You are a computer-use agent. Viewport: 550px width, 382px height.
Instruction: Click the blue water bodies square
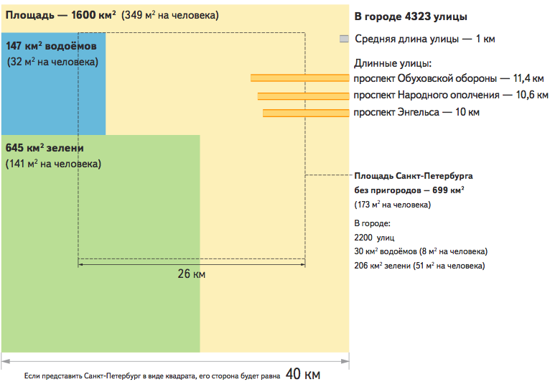[53, 83]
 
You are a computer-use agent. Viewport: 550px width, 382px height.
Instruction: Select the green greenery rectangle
[101, 243]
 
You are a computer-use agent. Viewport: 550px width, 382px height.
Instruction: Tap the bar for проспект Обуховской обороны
[300, 78]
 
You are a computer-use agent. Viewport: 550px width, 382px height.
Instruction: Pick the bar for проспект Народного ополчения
[304, 95]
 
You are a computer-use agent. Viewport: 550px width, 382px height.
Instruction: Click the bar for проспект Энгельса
[306, 113]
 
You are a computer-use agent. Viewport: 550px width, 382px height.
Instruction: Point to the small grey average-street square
[344, 39]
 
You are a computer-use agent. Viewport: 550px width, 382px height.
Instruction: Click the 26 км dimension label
[192, 274]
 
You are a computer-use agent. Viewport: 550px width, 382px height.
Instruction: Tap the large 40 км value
[303, 374]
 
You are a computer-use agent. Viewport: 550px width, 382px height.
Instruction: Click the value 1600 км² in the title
[93, 15]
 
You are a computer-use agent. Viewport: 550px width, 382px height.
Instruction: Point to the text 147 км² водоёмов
[51, 46]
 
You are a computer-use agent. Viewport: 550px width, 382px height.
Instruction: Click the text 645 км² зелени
[45, 148]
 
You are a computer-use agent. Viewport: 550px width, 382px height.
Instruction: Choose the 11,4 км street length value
[528, 78]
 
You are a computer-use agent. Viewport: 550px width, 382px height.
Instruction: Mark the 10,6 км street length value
[532, 95]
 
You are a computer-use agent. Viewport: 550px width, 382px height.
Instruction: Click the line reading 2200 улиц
[374, 238]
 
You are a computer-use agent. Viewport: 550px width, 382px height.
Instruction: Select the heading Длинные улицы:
[393, 63]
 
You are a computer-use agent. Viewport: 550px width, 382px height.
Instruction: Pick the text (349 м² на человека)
[170, 15]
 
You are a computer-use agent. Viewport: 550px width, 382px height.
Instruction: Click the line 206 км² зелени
[419, 266]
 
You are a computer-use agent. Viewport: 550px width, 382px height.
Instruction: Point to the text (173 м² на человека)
[393, 205]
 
